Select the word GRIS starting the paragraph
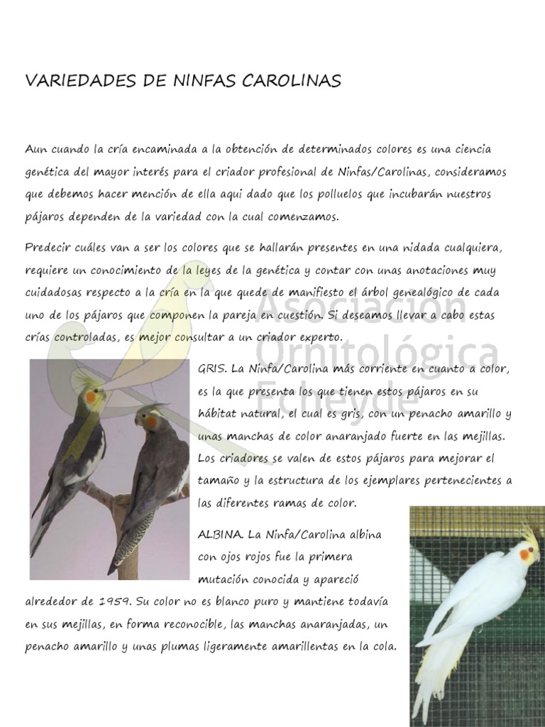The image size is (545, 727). [211, 369]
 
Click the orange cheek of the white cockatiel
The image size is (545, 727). [525, 554]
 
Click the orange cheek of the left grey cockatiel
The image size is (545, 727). [91, 398]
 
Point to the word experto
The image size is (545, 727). [320, 337]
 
